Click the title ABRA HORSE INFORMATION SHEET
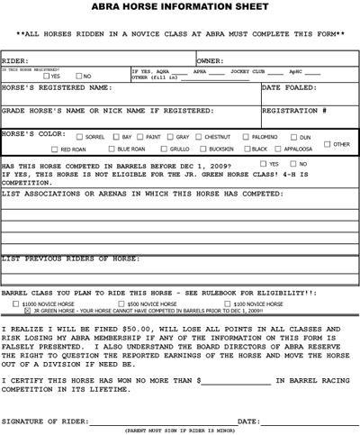point(179,6)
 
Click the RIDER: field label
point(17,61)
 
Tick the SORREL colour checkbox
point(79,137)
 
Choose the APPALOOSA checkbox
point(279,149)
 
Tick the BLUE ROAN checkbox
point(112,149)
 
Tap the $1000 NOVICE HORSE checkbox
point(17,304)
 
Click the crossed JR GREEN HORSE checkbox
point(28,311)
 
